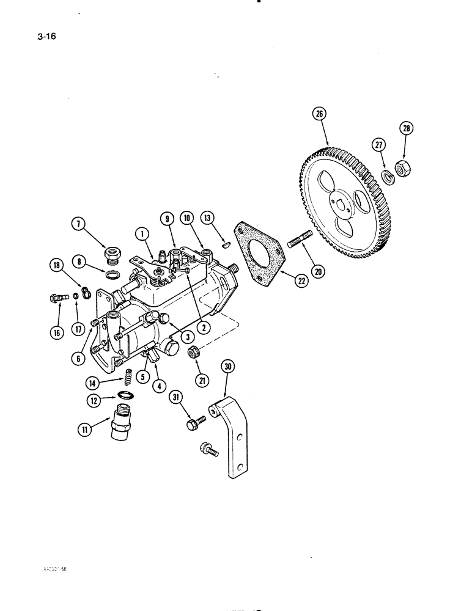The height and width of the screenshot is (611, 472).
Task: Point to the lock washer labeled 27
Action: pos(386,177)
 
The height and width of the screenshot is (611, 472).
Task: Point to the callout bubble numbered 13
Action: pos(208,220)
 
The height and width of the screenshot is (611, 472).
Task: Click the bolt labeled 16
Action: pos(56,298)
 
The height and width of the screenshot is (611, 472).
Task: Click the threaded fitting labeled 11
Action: pos(120,423)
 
